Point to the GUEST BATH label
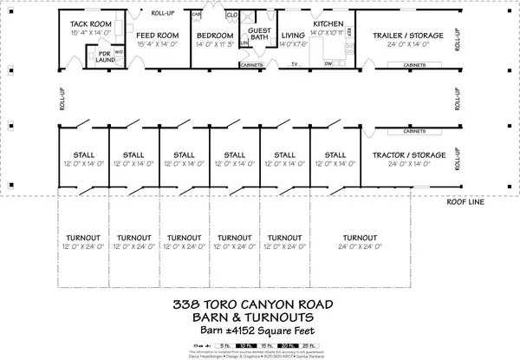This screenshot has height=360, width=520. pyautogui.click(x=259, y=34)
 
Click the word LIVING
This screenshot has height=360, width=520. pyautogui.click(x=293, y=36)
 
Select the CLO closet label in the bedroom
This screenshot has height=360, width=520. pyautogui.click(x=231, y=16)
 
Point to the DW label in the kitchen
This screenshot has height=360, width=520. pyautogui.click(x=328, y=64)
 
